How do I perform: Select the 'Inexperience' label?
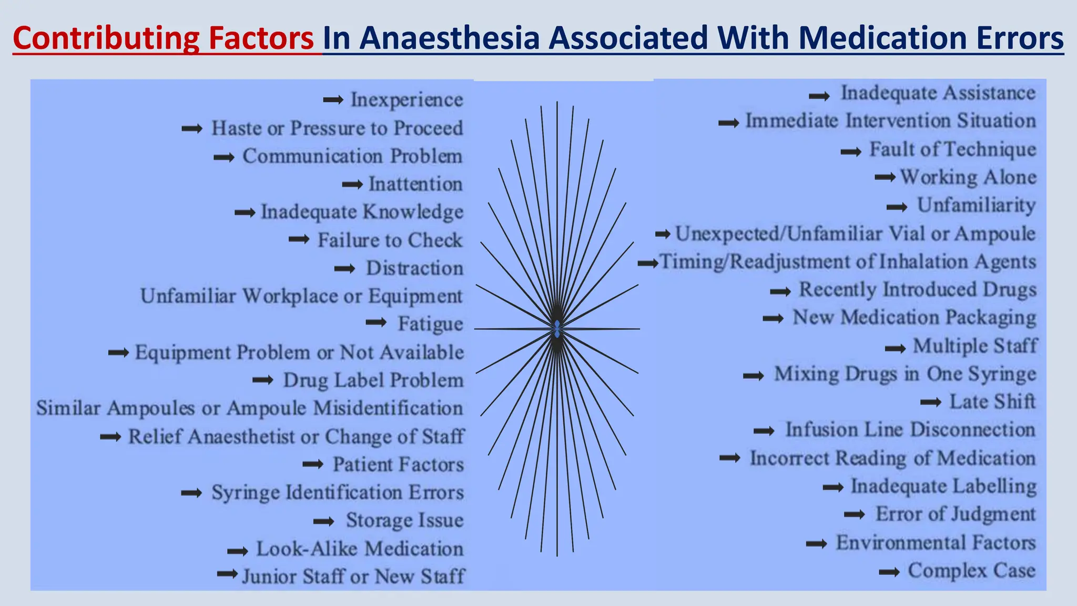coord(407,100)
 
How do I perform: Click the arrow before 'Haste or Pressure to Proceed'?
coord(192,128)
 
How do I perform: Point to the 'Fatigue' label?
coord(430,324)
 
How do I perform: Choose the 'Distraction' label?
coord(414,268)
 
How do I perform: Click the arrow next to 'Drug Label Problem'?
coord(263,380)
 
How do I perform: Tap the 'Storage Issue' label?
coord(404,520)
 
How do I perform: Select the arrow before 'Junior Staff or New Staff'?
coord(228,573)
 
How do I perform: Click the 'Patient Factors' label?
coord(398,464)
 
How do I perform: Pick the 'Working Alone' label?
coord(968,177)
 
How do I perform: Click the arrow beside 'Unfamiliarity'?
coord(897,207)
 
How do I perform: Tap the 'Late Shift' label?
coord(992,402)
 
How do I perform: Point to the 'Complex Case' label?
coord(971,571)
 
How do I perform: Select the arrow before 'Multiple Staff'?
coord(895,348)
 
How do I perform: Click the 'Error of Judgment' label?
coord(955,514)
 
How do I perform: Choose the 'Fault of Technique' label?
coord(952,149)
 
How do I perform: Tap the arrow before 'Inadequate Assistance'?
coord(819,96)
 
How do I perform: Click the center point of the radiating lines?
coord(557,329)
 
